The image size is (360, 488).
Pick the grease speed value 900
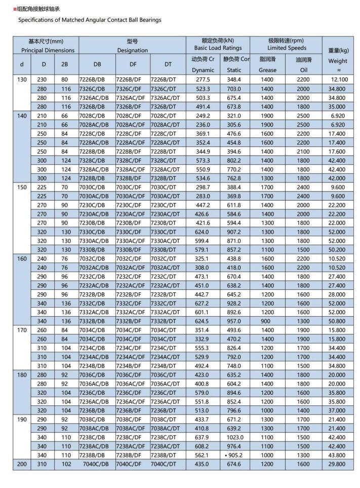pos(267,321)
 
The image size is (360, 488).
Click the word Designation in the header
pos(133,51)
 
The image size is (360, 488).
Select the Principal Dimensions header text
pos(48,51)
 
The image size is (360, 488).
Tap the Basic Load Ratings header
pos(218,48)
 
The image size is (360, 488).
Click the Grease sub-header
pos(267,70)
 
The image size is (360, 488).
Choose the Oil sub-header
pos(304,70)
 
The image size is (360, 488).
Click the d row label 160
pos(21,258)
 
